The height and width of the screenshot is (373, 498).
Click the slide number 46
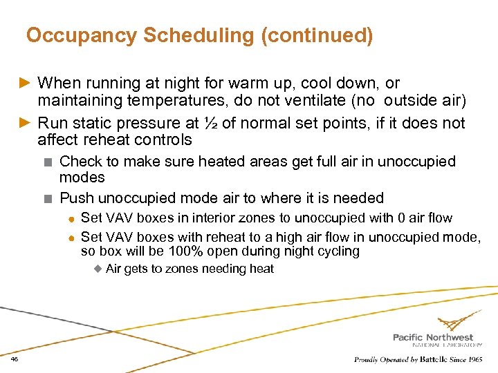[15, 359]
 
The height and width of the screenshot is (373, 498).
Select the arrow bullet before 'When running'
[24, 84]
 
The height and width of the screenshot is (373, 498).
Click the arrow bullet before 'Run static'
[24, 124]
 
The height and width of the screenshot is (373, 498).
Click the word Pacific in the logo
[411, 337]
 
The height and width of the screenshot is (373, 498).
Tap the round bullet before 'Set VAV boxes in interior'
[71, 219]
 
